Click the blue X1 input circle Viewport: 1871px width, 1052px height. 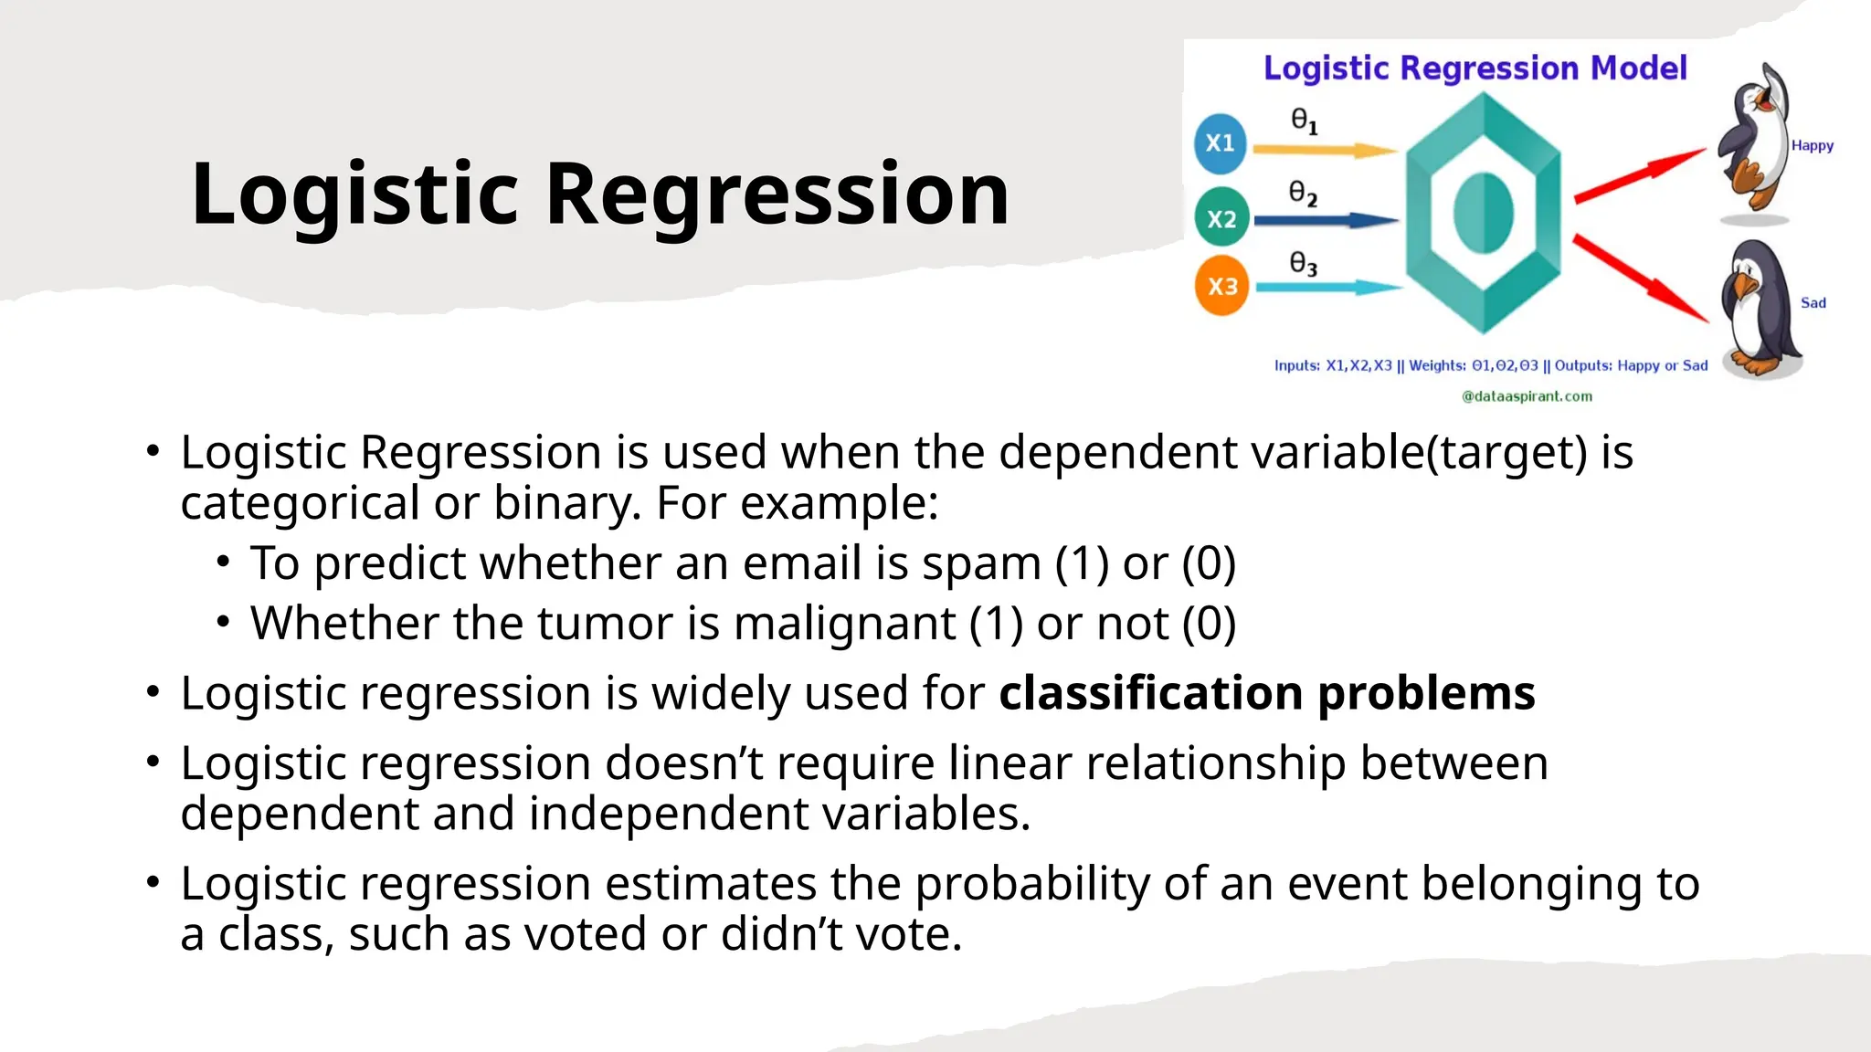[x=1221, y=143]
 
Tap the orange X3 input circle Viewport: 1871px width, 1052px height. [x=1222, y=286]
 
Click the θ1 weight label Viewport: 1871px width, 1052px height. [x=1304, y=121]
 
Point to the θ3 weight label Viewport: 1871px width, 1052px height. [x=1303, y=264]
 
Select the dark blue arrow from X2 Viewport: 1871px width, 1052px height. [x=1325, y=220]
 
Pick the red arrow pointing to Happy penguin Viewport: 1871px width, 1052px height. [x=1639, y=175]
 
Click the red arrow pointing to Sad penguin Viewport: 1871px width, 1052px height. [x=1641, y=278]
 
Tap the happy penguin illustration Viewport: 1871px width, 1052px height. [x=1753, y=142]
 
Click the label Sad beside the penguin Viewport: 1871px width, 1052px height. [x=1813, y=303]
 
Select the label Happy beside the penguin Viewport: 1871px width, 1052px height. [x=1812, y=145]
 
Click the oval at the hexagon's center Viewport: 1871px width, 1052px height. [x=1483, y=214]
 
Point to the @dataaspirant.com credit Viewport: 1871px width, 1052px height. [x=1527, y=396]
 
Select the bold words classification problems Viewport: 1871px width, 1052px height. [x=1266, y=693]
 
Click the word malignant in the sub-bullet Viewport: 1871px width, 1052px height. [x=844, y=625]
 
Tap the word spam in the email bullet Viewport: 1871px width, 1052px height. [x=980, y=563]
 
